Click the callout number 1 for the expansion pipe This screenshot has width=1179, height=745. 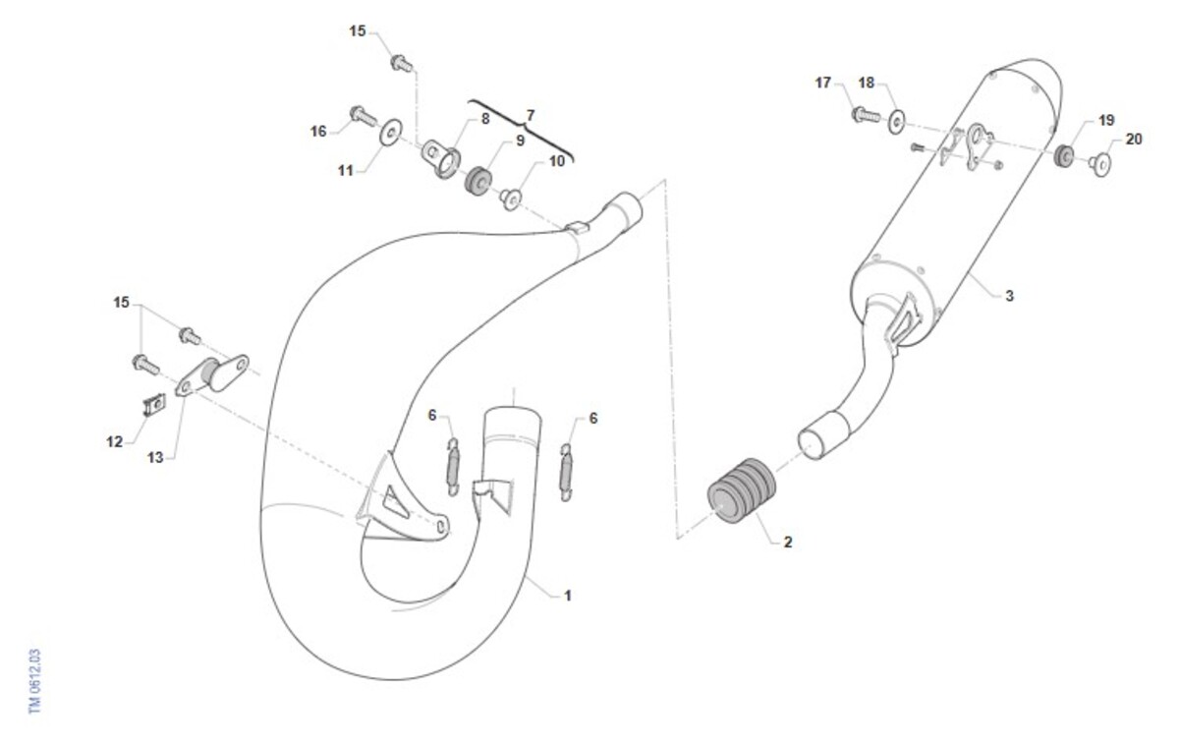568,596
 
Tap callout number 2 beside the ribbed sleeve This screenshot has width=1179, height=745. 787,542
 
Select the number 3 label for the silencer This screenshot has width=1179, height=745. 1009,296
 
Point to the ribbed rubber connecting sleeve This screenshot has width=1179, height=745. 742,491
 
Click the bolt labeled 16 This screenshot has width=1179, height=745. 364,115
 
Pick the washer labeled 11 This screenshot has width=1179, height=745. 391,131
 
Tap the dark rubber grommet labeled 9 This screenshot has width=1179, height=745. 477,181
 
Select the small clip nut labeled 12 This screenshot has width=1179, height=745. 154,404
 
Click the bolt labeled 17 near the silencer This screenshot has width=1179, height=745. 866,114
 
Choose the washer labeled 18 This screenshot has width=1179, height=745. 896,122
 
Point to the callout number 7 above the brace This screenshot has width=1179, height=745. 530,115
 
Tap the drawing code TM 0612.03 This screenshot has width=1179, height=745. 34,681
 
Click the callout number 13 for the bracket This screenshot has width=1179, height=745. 155,458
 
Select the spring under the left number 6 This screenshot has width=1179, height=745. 453,467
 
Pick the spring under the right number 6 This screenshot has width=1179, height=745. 566,473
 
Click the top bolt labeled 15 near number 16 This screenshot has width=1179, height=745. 402,63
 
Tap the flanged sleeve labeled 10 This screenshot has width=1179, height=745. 511,200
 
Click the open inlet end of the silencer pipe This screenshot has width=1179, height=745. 812,445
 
